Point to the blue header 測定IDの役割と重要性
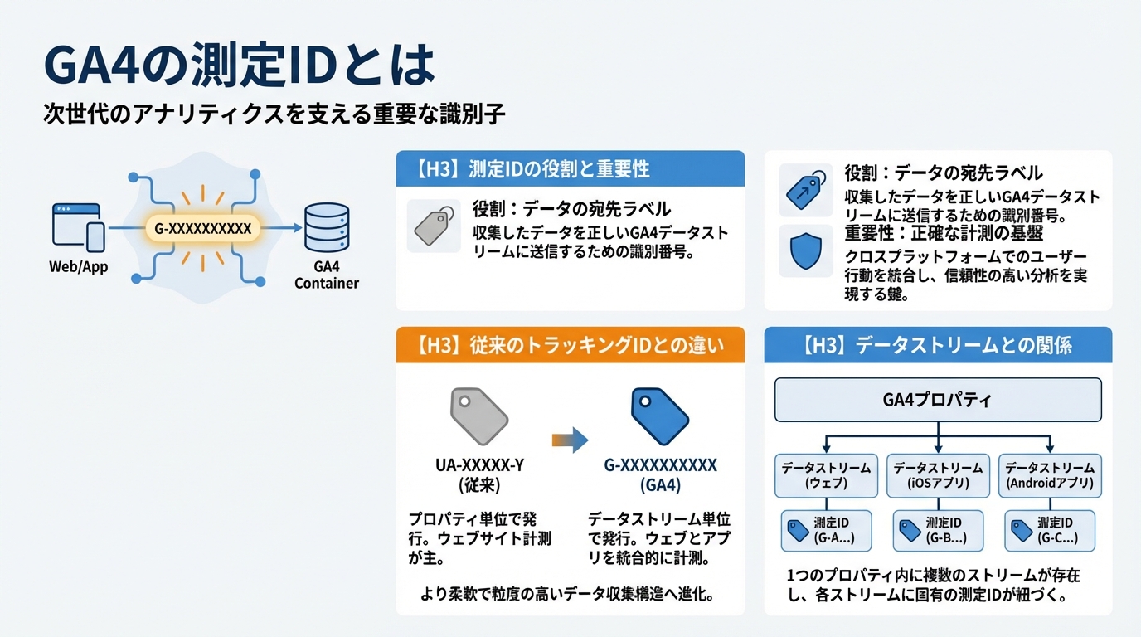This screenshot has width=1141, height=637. tap(570, 169)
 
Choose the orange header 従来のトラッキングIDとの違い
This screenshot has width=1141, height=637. tap(570, 344)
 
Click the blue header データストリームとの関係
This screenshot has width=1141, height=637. tap(938, 344)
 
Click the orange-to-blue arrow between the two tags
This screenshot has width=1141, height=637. tap(570, 440)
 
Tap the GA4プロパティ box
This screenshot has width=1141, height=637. tap(938, 400)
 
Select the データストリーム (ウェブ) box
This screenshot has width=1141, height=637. tap(826, 475)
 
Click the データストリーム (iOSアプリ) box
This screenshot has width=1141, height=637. tap(938, 475)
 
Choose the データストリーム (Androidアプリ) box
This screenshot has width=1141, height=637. tap(1049, 475)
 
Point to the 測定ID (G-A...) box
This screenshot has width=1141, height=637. tap(826, 531)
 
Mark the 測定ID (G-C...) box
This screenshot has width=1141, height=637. tap(1049, 531)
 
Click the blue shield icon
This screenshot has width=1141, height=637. tap(805, 252)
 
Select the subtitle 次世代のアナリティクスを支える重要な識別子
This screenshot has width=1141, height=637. tap(274, 114)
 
